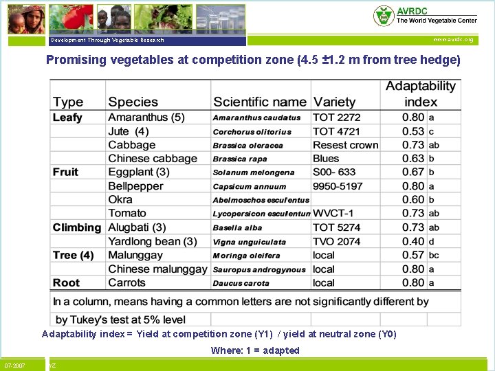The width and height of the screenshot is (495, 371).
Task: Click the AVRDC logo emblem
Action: pos(384,15)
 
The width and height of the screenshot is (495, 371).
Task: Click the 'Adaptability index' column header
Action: pos(421,94)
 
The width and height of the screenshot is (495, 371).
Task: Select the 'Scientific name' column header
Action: pos(259,102)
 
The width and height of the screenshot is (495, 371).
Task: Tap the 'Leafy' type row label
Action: pos(67,117)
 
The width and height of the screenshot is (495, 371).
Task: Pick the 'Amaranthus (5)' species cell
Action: pos(146,117)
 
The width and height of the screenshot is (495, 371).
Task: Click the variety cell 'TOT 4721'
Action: pos(336,131)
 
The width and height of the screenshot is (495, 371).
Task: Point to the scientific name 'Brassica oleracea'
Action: pos(247,146)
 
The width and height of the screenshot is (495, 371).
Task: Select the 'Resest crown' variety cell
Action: pos(345,145)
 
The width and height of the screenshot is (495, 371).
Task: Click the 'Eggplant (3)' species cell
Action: pos(138,172)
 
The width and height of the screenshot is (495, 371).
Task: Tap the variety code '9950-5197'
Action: pos(337,186)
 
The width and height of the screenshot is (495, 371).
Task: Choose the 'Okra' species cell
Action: pos(120,199)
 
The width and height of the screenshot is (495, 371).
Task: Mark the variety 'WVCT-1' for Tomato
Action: pos(335,214)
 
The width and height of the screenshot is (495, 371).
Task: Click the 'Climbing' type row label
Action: pos(76,227)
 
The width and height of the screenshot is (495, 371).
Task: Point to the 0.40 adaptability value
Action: pos(413,241)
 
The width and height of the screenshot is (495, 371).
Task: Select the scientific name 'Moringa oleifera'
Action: pos(246,256)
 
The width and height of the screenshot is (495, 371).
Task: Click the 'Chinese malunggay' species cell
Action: pos(157,269)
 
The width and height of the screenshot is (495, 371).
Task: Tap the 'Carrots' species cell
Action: pos(128,283)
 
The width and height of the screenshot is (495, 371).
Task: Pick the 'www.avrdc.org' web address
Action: pos(453,40)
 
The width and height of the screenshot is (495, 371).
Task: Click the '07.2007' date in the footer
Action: pos(14,366)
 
